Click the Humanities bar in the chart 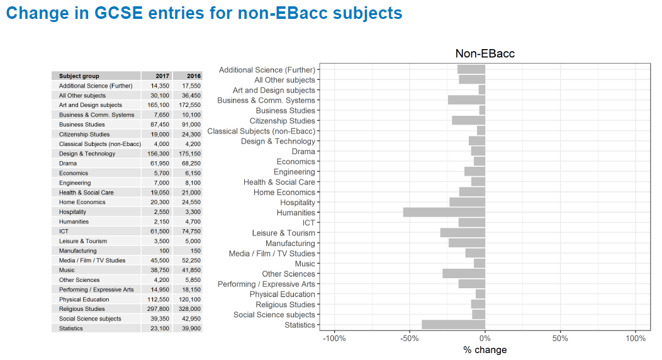pyautogui.click(x=444, y=213)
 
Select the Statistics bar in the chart pyautogui.click(x=454, y=325)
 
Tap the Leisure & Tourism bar pyautogui.click(x=463, y=233)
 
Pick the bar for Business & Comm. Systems pyautogui.click(x=466, y=100)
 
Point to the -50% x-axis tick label pyautogui.click(x=410, y=339)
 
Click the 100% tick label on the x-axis pyautogui.click(x=636, y=339)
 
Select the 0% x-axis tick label pyautogui.click(x=485, y=339)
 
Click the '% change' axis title pyautogui.click(x=485, y=350)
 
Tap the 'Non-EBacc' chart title pyautogui.click(x=485, y=53)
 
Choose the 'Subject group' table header pyautogui.click(x=79, y=76)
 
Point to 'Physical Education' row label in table pyautogui.click(x=84, y=300)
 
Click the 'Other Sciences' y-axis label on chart pyautogui.click(x=288, y=274)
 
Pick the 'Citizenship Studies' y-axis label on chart pyautogui.click(x=282, y=121)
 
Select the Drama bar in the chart pyautogui.click(x=478, y=151)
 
